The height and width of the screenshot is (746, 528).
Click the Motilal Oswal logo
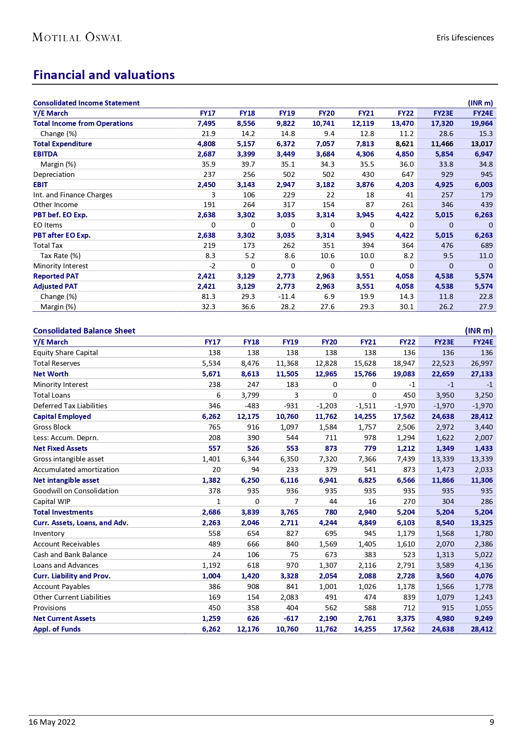tap(77, 37)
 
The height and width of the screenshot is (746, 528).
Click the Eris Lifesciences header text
tap(465, 37)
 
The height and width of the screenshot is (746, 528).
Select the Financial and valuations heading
tap(104, 75)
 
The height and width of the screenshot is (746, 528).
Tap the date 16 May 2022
tap(52, 722)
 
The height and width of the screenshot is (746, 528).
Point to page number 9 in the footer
tap(491, 722)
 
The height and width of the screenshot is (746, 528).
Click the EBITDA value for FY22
tap(404, 154)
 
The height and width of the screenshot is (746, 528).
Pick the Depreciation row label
tap(54, 174)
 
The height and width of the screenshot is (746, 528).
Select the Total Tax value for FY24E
tap(486, 245)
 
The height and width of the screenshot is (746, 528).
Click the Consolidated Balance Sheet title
tap(84, 330)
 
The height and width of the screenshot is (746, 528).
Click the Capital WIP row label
tap(52, 501)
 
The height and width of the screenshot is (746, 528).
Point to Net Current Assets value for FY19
tap(289, 618)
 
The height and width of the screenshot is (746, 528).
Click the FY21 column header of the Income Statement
tap(366, 113)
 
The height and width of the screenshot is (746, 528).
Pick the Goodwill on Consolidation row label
tap(76, 491)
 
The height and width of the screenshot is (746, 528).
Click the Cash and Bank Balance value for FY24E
tap(483, 555)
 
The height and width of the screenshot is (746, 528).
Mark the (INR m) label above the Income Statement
tap(480, 103)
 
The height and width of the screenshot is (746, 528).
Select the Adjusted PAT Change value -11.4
tap(286, 296)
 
